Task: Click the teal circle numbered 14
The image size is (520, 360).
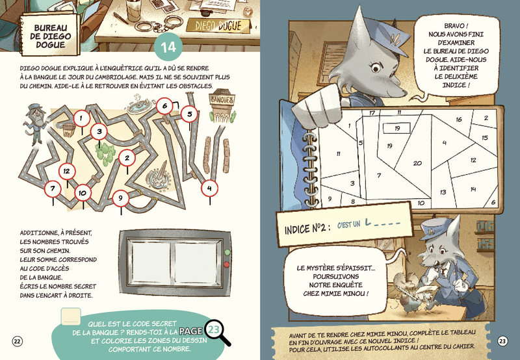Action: pos(168,47)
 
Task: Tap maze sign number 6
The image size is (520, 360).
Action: pos(164,106)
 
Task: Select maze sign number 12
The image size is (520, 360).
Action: pos(67,172)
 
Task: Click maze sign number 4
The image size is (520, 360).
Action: pos(209,188)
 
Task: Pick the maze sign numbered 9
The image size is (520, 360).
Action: pos(120,198)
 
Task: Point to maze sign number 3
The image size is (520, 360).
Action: pos(99,132)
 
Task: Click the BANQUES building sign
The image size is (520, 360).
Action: pos(222,99)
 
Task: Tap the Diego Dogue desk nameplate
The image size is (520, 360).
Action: pos(218,26)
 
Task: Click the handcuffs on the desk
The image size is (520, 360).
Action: pos(160,23)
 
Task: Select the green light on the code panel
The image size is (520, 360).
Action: pos(227,253)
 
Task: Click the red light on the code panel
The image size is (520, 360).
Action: pos(227,264)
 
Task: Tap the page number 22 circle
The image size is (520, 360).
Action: pos(18,341)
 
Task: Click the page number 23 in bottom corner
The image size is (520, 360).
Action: pos(502,341)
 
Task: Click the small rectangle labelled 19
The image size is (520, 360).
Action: pos(396,128)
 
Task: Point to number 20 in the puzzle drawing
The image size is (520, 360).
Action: pos(417,163)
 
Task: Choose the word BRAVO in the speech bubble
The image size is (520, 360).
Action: pos(456,26)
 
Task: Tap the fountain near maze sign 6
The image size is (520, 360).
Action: pos(139,105)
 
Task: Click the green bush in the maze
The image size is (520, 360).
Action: pos(105,153)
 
